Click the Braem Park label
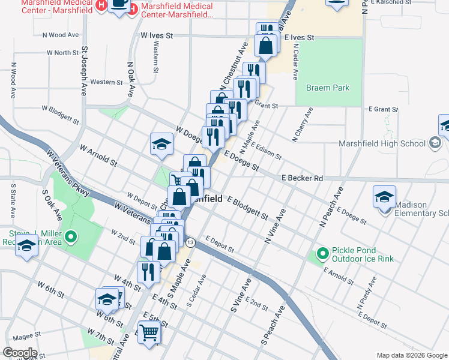328,88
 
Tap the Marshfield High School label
381,143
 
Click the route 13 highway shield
190,242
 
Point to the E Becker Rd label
302,178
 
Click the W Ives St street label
157,36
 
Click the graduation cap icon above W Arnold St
161,144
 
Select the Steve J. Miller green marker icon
71,238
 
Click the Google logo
20,353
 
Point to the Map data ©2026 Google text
412,355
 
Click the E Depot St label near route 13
218,240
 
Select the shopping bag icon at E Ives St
265,45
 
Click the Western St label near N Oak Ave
107,82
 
